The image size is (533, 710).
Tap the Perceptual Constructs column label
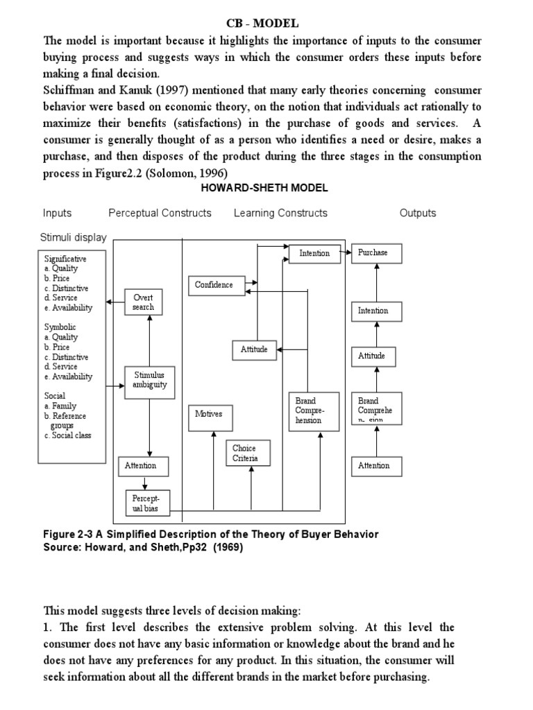pos(160,213)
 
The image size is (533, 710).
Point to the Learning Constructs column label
pos(280,213)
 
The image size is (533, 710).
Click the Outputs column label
pos(418,213)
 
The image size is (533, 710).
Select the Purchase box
pos(376,253)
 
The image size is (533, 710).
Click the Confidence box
pos(214,285)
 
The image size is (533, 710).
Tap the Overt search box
pos(144,302)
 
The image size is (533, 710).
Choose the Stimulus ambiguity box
pos(150,380)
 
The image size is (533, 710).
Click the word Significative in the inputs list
pos(66,259)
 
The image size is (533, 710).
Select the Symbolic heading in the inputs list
pos(60,327)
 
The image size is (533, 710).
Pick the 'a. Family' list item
pos(61,406)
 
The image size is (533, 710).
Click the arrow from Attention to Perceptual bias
pos(145,483)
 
